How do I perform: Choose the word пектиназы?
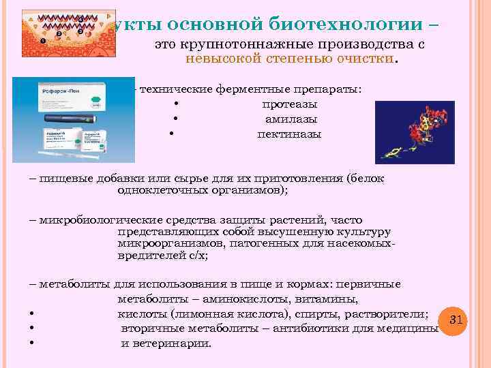(x=289, y=134)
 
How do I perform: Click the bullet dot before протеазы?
(x=176, y=105)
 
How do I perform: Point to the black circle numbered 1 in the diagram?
(x=42, y=41)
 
